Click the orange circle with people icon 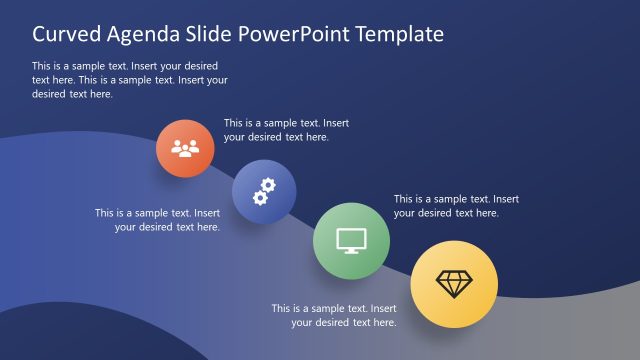pos(185,150)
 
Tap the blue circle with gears pos(264,190)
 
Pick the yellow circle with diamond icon pos(454,284)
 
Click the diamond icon pos(454,284)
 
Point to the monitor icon pos(351,240)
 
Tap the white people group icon pos(185,149)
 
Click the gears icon pos(264,190)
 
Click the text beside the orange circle pos(286,130)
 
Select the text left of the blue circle pos(158,220)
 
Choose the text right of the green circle pos(456,206)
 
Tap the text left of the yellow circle pos(334,315)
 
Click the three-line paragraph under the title pos(130,80)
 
